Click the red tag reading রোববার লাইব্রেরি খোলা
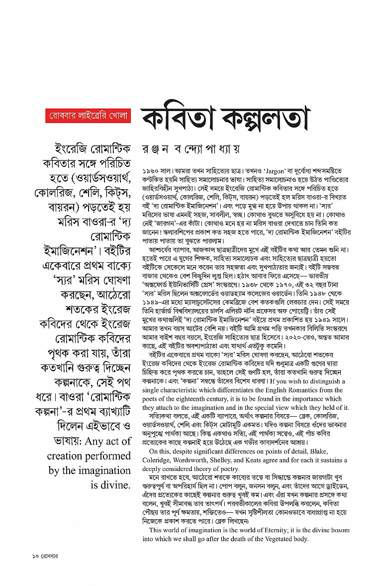[x=88, y=117]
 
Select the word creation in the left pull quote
[x=67, y=456]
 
